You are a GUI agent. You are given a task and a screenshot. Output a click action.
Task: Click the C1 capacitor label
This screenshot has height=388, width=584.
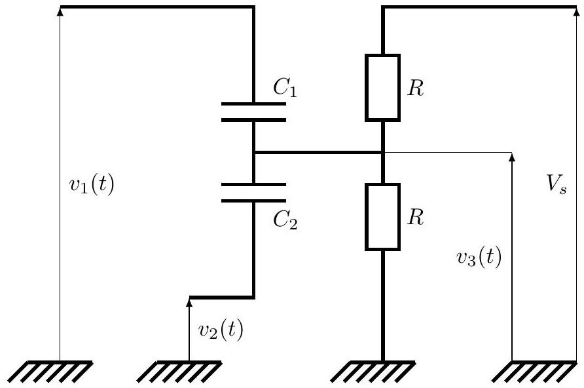[285, 88]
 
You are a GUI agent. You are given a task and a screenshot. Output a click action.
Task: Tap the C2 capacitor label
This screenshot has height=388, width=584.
[285, 220]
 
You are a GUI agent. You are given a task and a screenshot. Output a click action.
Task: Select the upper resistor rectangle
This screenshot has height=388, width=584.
[382, 88]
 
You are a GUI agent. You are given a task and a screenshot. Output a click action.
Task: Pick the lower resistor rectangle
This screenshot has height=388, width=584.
[382, 217]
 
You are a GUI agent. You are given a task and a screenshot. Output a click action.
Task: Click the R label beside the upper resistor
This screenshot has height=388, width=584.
[415, 88]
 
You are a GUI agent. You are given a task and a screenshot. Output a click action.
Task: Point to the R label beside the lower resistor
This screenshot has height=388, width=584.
[415, 217]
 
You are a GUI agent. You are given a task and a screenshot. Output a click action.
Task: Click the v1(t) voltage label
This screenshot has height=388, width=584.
[92, 185]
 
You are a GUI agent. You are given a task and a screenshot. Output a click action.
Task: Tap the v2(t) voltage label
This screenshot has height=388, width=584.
[221, 330]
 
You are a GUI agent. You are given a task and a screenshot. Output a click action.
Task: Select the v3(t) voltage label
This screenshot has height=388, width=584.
[479, 257]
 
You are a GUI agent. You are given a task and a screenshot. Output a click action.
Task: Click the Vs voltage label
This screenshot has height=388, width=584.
[557, 184]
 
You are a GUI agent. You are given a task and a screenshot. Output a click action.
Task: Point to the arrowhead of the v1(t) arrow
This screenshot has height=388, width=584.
[60, 11]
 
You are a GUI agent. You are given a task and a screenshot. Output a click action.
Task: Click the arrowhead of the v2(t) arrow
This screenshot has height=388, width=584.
[189, 302]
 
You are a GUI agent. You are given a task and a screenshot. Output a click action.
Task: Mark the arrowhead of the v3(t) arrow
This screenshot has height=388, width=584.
[512, 157]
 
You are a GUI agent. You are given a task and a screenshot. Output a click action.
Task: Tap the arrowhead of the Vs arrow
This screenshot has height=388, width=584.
[574, 11]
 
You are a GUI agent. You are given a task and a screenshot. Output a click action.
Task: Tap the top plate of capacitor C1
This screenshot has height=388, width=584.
[253, 104]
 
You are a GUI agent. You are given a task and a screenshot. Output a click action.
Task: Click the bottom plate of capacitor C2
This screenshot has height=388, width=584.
[253, 201]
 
